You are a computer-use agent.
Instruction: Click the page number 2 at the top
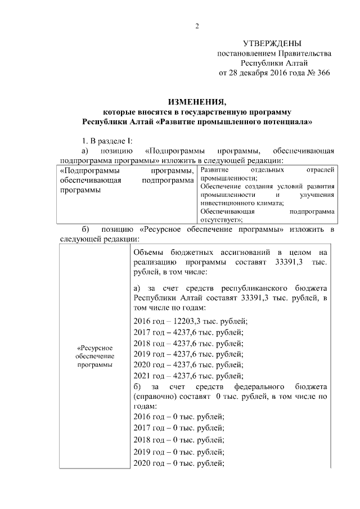click(x=197, y=26)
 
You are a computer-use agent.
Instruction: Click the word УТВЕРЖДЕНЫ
click(x=272, y=43)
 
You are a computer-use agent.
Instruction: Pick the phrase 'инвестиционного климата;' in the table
click(x=235, y=203)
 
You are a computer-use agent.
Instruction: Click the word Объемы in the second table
click(x=149, y=253)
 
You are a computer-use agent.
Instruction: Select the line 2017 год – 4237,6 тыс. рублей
click(x=188, y=332)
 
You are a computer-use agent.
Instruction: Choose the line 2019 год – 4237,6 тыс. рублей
click(x=188, y=354)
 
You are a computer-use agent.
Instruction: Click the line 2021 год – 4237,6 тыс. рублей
click(x=188, y=377)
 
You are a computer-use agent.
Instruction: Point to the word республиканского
click(x=258, y=287)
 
